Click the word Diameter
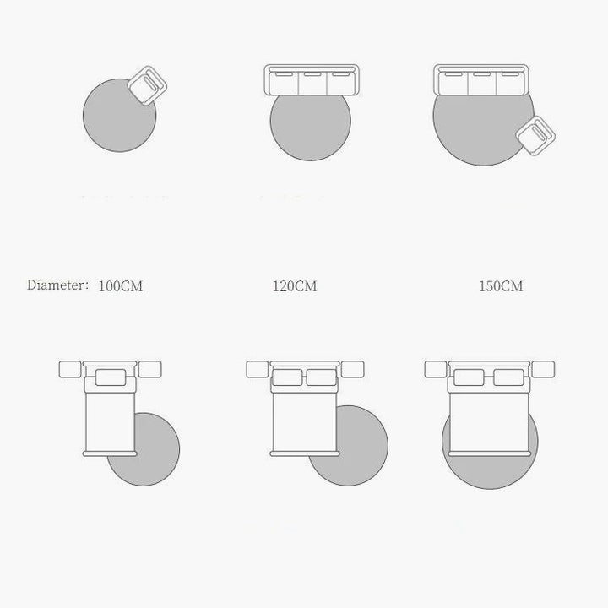55,285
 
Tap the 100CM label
121,286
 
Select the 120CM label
295,286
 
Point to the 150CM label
501,286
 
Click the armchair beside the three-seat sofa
535,136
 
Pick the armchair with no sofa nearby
147,85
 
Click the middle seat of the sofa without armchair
312,82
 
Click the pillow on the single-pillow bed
111,377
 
